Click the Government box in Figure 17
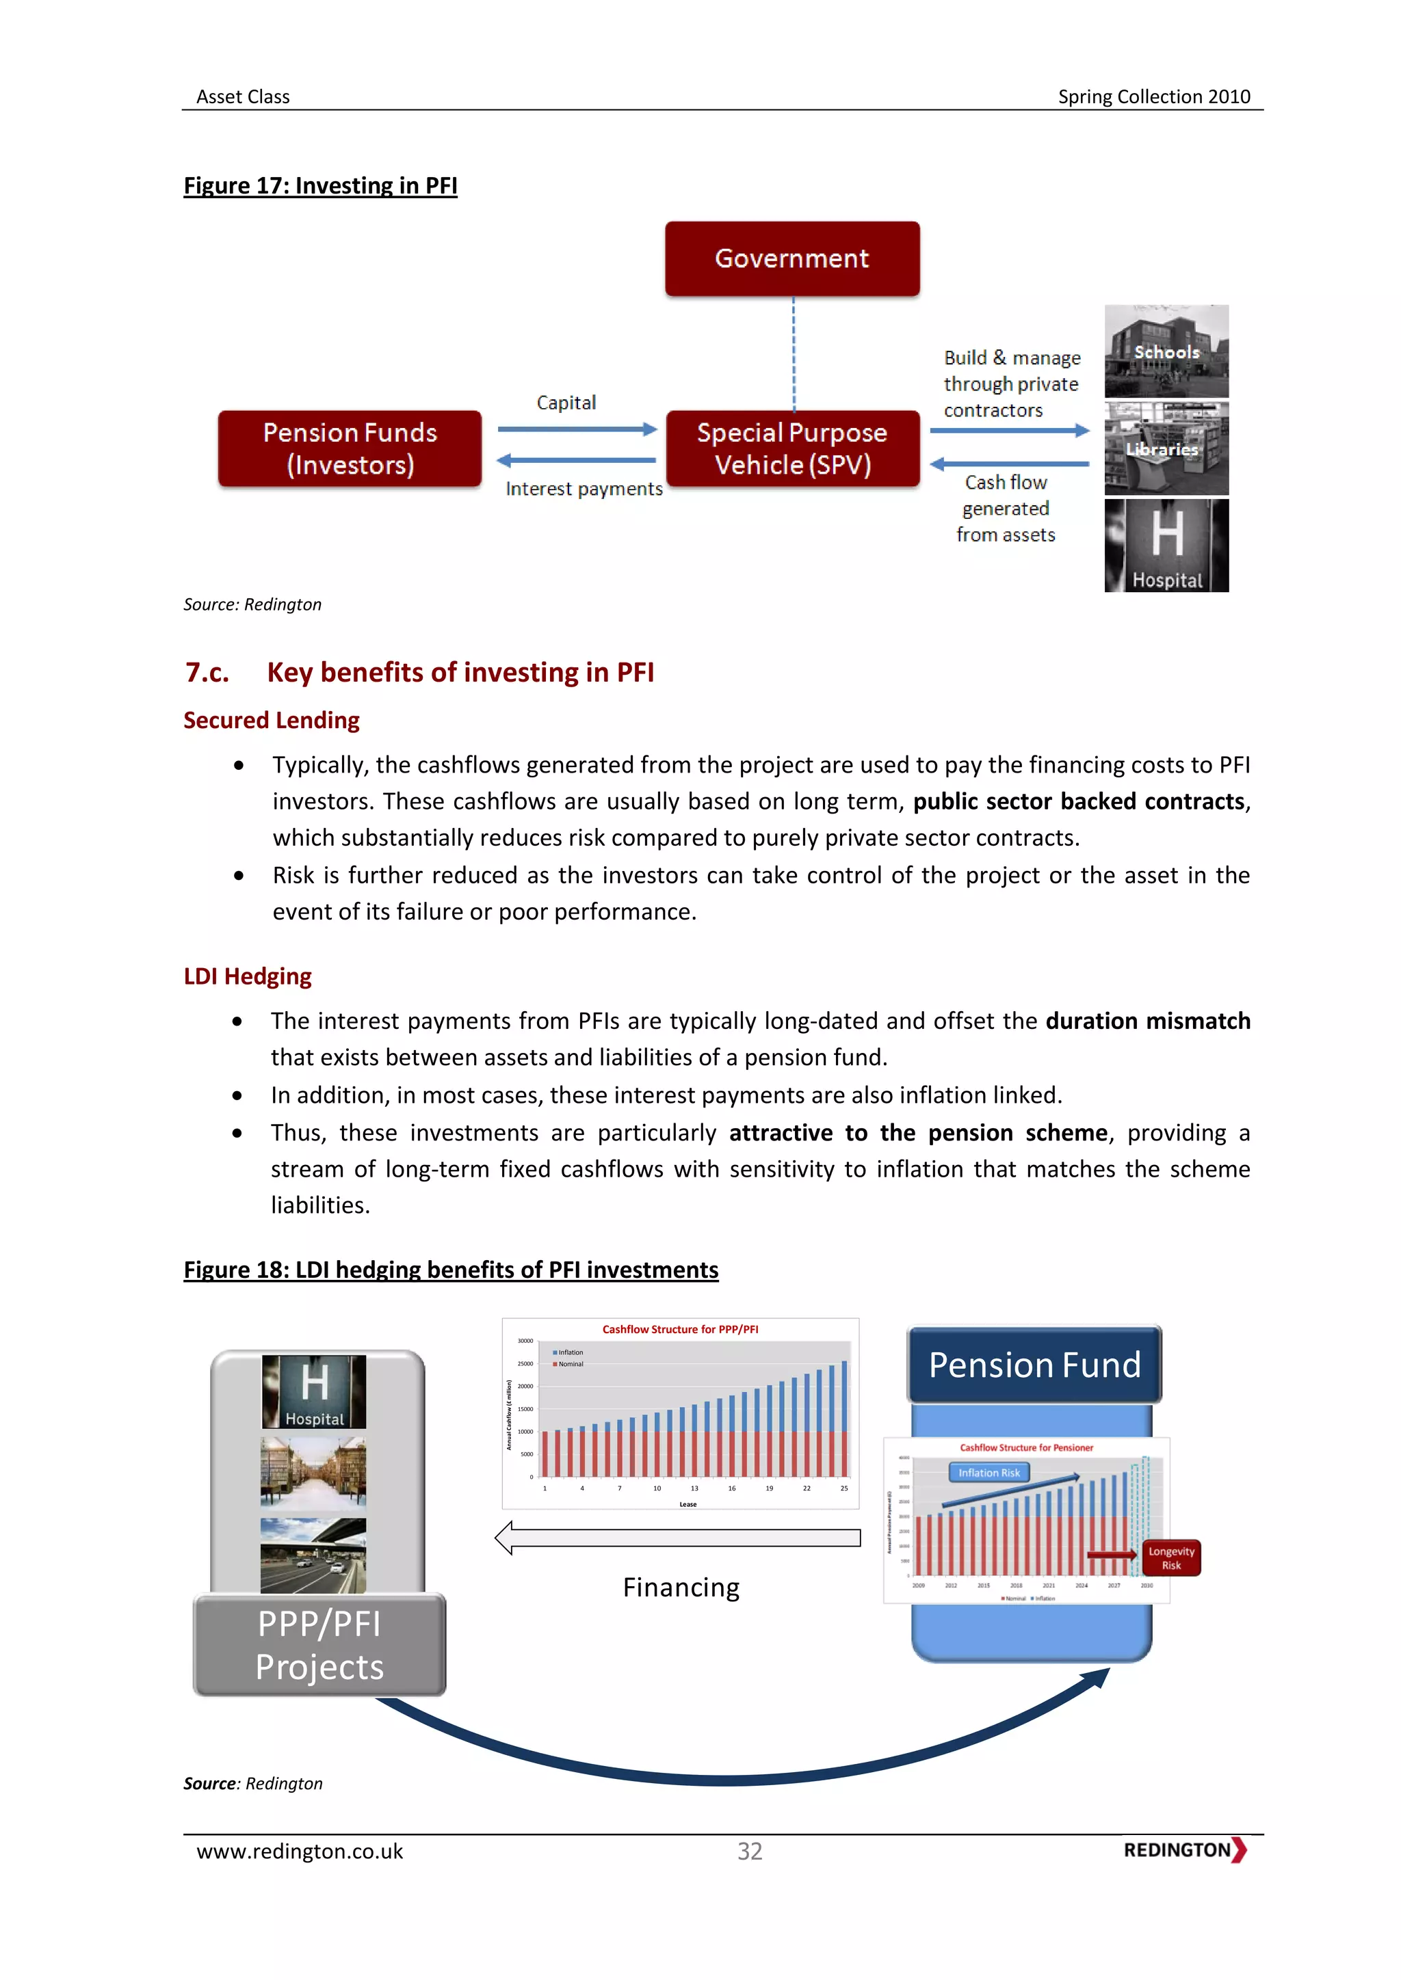point(792,258)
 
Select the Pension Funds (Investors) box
point(350,449)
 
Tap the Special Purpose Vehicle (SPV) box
point(792,449)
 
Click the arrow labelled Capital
point(576,429)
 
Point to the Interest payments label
point(584,489)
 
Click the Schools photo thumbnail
point(1166,351)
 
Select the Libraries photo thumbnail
point(1166,449)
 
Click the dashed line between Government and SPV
point(794,353)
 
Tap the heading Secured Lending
point(271,720)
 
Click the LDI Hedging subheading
point(248,976)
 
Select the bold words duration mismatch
point(1147,1021)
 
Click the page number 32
point(749,1851)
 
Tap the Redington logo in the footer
point(1184,1850)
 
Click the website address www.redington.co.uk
point(300,1851)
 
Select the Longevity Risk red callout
point(1170,1558)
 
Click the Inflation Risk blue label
point(988,1473)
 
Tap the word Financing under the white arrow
point(681,1588)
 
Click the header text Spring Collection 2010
point(1153,96)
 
